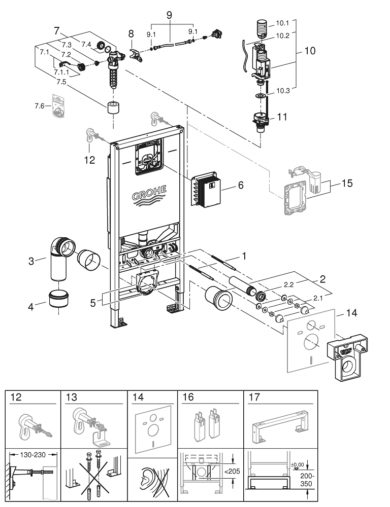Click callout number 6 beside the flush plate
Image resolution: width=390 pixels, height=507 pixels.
(241, 186)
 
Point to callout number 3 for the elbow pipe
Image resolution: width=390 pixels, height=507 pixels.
(31, 262)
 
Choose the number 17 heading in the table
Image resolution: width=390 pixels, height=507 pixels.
(254, 397)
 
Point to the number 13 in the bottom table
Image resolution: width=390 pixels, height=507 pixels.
(72, 397)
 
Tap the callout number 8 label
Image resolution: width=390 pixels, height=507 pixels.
(132, 35)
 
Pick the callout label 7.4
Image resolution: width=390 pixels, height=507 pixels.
(86, 45)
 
